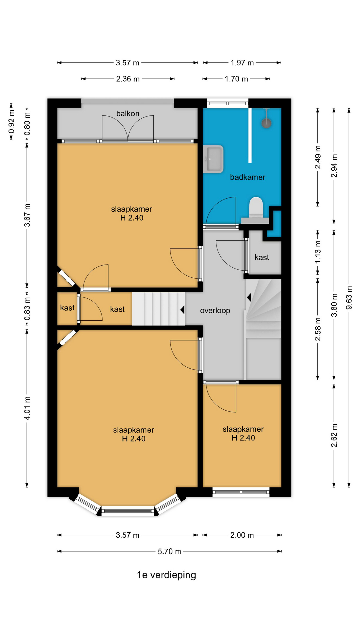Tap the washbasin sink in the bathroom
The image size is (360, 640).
click(213, 159)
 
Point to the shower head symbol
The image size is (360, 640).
click(266, 123)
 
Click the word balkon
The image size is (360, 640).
click(128, 114)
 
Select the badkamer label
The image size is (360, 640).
click(248, 177)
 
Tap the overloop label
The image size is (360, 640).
click(215, 311)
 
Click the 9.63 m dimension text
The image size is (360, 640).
click(349, 298)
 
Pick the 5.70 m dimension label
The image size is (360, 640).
click(169, 552)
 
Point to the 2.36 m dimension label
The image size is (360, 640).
click(128, 79)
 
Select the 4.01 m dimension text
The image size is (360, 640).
click(27, 408)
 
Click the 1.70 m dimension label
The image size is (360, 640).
click(236, 79)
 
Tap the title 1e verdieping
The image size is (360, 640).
click(167, 575)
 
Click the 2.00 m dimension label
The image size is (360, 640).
click(242, 535)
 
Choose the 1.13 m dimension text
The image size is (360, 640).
click(318, 252)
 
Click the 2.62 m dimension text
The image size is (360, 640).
click(334, 436)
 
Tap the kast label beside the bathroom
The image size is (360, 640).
click(262, 257)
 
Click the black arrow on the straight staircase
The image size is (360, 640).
click(182, 310)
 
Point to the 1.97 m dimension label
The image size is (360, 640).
click(242, 63)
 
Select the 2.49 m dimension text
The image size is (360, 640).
click(318, 157)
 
